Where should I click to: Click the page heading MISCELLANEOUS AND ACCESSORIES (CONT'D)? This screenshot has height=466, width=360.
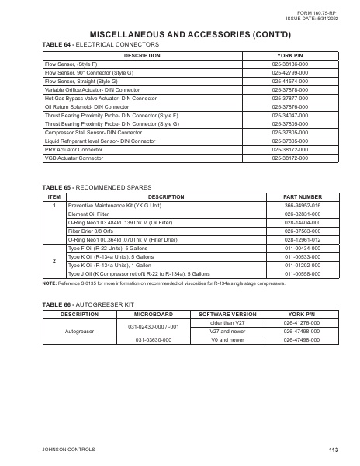[x=180, y=35]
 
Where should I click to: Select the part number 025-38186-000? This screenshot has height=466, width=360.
[x=290, y=64]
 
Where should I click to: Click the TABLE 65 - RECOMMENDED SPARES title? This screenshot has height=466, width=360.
[x=92, y=188]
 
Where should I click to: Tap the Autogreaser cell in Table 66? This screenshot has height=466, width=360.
[x=79, y=331]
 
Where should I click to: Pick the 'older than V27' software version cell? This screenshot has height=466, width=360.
[x=227, y=322]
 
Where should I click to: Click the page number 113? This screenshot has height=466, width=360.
[x=334, y=450]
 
